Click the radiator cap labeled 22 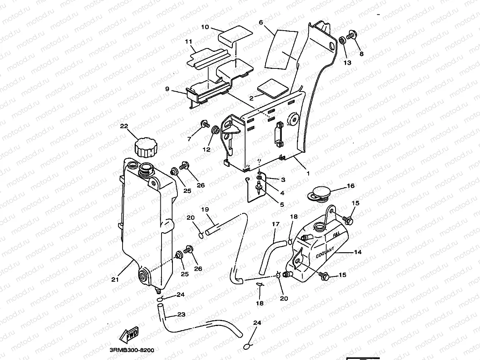[x=145, y=147]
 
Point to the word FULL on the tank [x=336, y=234]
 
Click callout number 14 [x=358, y=252]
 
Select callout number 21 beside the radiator [x=115, y=279]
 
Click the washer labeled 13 [x=341, y=40]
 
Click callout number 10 [x=205, y=27]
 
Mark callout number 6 [x=261, y=22]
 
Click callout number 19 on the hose [x=205, y=209]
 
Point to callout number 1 [x=308, y=174]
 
